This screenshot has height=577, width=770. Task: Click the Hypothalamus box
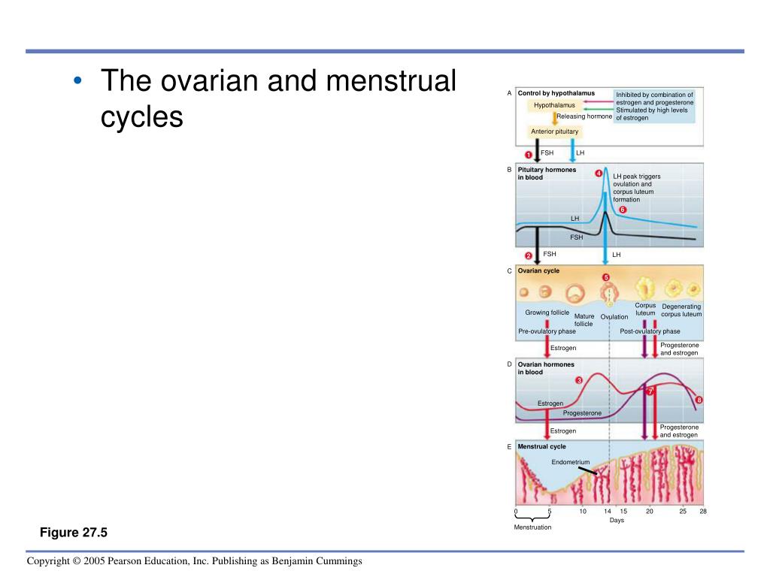[554, 105]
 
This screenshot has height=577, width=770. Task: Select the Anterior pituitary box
[555, 131]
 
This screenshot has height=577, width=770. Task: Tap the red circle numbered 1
[529, 155]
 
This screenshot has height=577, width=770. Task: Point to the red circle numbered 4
[599, 174]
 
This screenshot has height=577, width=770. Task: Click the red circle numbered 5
[606, 277]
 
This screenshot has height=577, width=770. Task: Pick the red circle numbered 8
[699, 400]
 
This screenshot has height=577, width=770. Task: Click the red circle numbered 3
[579, 380]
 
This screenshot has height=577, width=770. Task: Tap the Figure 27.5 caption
[74, 533]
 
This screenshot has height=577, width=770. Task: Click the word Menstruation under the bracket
[532, 527]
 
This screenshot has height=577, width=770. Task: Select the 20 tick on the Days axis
[650, 512]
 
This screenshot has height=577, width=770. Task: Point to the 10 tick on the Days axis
[583, 512]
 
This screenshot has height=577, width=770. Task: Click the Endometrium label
[571, 462]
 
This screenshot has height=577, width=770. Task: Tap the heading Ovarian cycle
[538, 270]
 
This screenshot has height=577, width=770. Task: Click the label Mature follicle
[584, 320]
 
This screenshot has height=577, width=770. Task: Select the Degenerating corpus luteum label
[681, 310]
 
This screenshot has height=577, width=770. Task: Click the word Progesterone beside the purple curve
[582, 413]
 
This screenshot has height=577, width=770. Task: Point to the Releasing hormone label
[584, 116]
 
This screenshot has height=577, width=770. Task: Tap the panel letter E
[509, 446]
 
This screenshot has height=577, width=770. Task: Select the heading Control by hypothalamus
[556, 93]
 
